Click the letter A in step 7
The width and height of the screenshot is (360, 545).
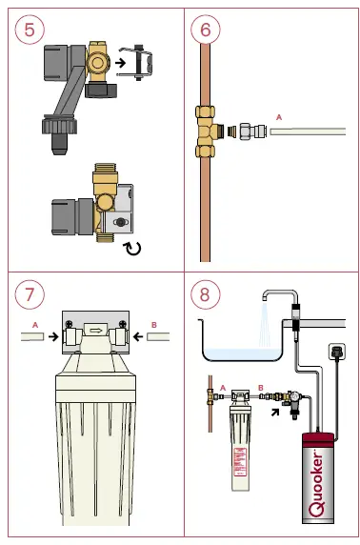point(35,323)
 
